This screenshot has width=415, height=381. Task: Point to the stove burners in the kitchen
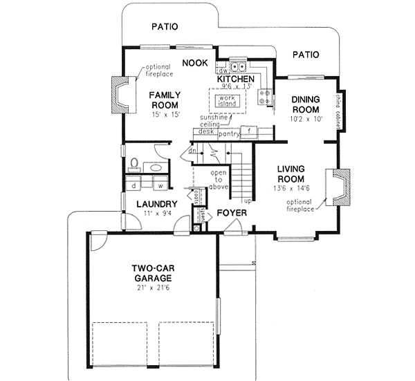point(264,97)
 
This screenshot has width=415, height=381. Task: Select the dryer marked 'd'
point(133,185)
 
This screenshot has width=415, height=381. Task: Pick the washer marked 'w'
point(160,185)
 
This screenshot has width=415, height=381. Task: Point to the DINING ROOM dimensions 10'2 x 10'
point(304,119)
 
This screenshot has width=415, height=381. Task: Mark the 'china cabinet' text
point(340,109)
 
